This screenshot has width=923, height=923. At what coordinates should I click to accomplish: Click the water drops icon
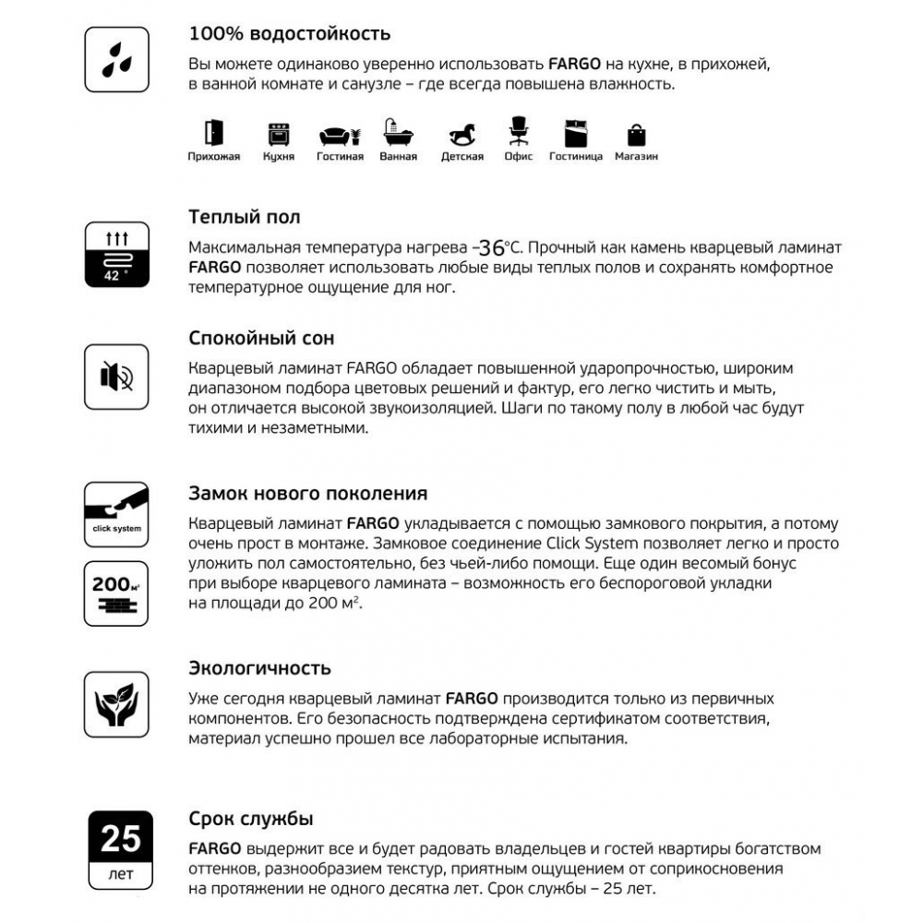(x=116, y=59)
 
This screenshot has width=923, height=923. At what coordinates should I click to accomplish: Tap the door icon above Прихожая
(x=213, y=133)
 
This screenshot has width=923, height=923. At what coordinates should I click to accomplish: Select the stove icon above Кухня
(x=278, y=135)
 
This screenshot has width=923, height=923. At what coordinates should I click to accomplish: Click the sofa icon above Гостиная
(x=340, y=136)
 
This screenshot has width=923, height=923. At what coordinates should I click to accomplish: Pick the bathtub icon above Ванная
(x=399, y=134)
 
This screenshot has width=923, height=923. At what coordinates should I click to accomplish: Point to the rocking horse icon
(x=462, y=135)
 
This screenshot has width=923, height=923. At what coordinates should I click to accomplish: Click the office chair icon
(x=518, y=131)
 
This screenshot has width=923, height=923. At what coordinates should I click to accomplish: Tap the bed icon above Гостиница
(x=575, y=134)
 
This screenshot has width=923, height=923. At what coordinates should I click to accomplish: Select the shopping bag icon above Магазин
(x=637, y=135)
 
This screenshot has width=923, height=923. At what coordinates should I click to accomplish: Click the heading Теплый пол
(x=244, y=218)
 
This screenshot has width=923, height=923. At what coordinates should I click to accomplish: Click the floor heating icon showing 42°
(x=116, y=253)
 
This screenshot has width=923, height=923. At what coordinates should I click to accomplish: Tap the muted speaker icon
(x=116, y=377)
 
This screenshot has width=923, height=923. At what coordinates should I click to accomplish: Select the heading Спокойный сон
(x=260, y=338)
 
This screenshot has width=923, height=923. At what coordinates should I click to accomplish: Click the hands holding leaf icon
(x=116, y=704)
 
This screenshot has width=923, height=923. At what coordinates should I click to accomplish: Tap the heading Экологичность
(x=259, y=667)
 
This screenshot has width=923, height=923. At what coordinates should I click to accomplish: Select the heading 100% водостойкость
(x=289, y=34)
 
